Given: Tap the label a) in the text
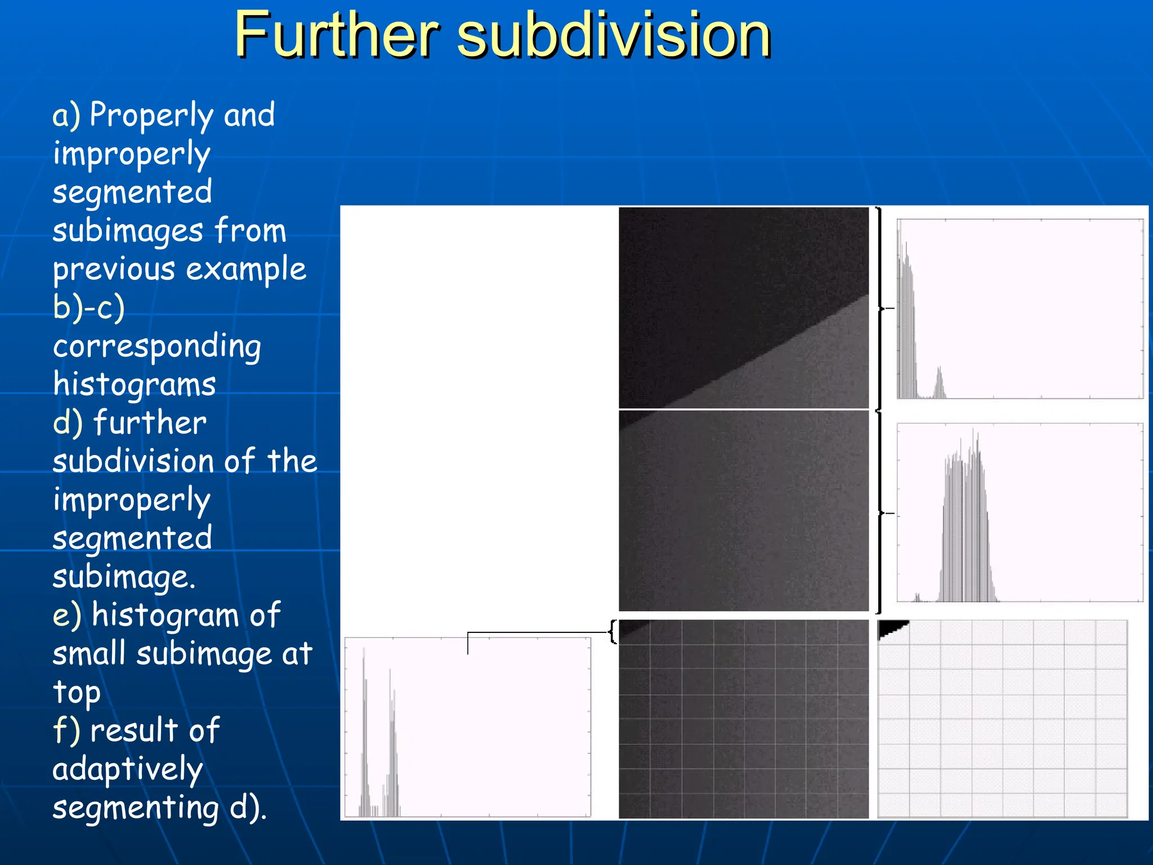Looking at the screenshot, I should (66, 115).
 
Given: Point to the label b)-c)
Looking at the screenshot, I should (88, 308).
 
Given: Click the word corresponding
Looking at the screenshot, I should (157, 347).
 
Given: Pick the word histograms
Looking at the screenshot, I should (135, 385).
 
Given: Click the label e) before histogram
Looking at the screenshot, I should (67, 615).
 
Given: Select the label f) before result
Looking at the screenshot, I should (66, 730).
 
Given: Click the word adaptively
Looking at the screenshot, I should (128, 770).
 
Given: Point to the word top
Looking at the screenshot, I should (77, 693).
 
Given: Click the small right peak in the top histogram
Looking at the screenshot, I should (939, 384).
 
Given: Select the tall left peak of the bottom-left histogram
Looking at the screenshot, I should (364, 732).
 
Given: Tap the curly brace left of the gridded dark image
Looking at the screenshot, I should (613, 632).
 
